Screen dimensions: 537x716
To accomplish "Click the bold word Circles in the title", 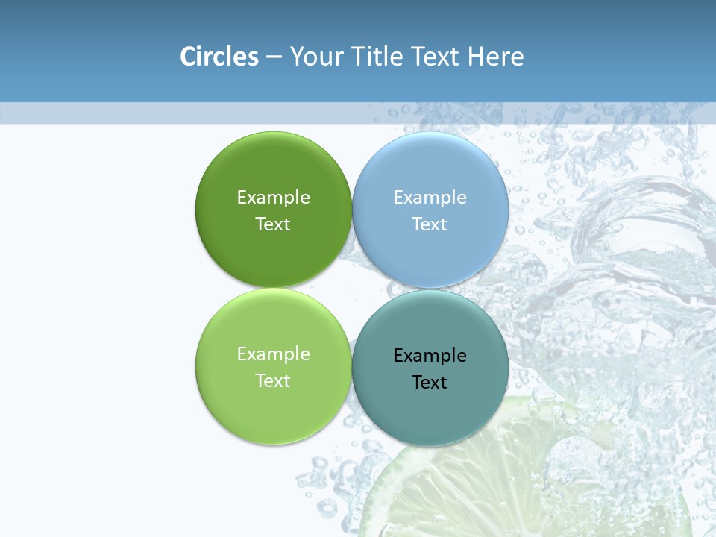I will tap(219, 57).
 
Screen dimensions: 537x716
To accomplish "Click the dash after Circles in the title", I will tap(274, 57).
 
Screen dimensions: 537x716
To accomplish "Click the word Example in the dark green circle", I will tap(273, 197).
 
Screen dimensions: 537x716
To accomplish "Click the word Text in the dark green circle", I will tap(273, 224).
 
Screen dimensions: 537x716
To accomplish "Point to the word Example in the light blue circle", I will tap(430, 197).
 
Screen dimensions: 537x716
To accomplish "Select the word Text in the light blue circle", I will tap(430, 224).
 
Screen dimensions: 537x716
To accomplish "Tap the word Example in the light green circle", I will tap(273, 354).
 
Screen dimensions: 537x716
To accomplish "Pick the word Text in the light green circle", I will tap(273, 380).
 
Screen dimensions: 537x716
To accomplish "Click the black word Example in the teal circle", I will tap(430, 355).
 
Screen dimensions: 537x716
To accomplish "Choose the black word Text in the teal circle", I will tap(430, 382).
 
